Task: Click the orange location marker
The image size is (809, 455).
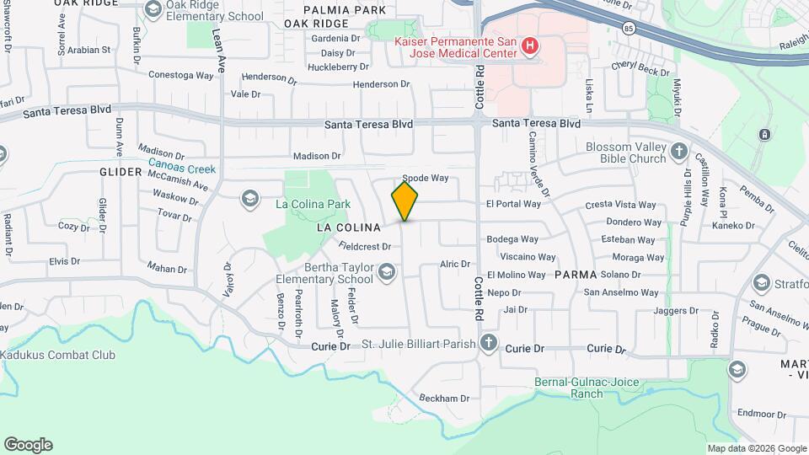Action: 404,202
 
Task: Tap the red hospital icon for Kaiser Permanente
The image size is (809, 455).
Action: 530,45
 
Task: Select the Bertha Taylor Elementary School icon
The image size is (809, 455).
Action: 386,271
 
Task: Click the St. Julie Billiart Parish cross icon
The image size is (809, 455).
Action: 489,342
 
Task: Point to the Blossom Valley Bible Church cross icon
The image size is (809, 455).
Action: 680,153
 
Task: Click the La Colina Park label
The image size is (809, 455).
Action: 313,204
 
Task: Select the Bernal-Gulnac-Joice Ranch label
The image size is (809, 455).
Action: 581,388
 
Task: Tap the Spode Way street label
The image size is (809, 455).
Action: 426,178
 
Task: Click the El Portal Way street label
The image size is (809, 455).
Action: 513,204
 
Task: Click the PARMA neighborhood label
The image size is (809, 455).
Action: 576,275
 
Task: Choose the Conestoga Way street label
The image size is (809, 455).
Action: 181,75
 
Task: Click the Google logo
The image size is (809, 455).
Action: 28,445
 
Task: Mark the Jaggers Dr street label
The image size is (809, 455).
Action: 677,311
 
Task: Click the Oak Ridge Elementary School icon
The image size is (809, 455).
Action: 153,10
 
